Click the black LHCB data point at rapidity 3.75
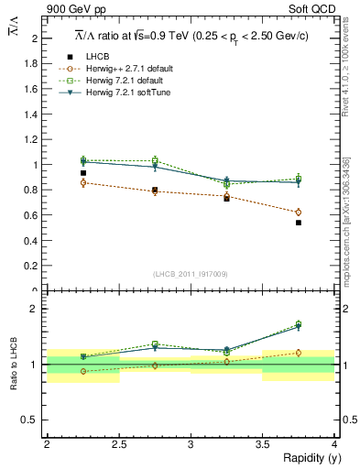299,223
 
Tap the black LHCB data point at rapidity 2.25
83,173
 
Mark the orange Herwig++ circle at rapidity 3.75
299,213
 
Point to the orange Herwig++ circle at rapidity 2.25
83,183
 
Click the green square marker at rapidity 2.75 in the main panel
155,161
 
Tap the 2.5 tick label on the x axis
118,445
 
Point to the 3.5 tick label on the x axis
262,445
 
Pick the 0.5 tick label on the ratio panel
32,420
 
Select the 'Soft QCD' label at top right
316,10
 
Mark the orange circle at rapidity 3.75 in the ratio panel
299,353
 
